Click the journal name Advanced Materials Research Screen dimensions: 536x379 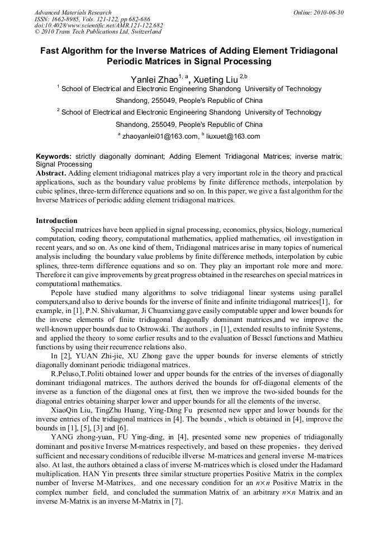pyautogui.click(x=73, y=12)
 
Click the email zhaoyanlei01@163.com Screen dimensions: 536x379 pyautogui.click(x=160, y=136)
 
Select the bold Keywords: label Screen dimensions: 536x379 pyautogui.click(x=54, y=156)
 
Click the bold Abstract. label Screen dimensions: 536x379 pyautogui.click(x=51, y=173)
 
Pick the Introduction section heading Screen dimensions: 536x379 pyautogui.click(x=56, y=221)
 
